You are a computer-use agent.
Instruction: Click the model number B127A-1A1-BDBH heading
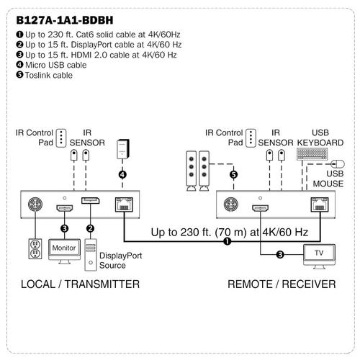tap(65, 20)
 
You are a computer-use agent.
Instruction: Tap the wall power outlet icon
tap(35, 248)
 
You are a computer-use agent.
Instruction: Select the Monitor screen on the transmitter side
tap(64, 250)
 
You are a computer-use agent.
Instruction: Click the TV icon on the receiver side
tap(319, 256)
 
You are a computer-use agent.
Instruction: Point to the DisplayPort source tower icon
tap(91, 255)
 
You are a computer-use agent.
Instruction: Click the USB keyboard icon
tap(312, 154)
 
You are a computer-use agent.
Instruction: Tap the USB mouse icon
tap(338, 164)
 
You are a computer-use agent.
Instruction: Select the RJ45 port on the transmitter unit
tap(124, 204)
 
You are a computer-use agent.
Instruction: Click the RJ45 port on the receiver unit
tap(320, 204)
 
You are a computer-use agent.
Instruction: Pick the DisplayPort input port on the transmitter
tap(90, 201)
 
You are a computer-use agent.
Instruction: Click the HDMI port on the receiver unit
tap(260, 208)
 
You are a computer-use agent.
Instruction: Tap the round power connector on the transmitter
tap(35, 204)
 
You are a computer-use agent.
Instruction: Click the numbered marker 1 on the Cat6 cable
tap(227, 241)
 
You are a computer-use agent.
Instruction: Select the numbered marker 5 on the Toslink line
tap(233, 175)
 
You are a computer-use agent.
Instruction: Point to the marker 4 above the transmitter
tap(122, 175)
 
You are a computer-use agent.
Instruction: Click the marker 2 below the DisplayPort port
tap(90, 228)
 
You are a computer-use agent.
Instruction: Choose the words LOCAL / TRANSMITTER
tap(80, 284)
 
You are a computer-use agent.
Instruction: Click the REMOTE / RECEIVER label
tap(282, 284)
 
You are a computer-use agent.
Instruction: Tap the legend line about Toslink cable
tap(45, 76)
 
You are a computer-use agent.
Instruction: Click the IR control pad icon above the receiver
tap(251, 138)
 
